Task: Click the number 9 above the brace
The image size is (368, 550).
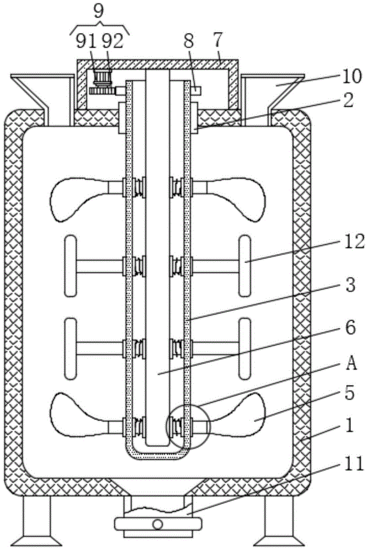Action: coord(98,12)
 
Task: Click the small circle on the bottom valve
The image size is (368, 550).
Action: coord(158,523)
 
